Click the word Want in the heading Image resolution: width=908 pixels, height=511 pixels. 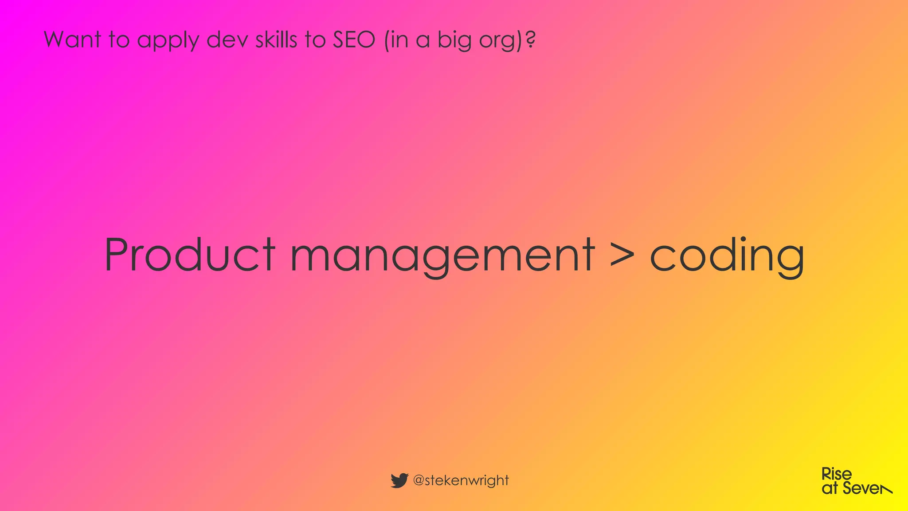(72, 39)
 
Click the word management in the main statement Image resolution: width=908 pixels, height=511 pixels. (442, 256)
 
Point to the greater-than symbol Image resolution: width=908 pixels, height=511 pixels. (622, 256)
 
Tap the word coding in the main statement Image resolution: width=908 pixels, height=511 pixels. (727, 256)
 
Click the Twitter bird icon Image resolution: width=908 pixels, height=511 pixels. (399, 480)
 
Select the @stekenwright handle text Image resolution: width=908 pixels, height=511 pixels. (461, 480)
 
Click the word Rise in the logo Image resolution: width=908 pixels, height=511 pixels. (836, 474)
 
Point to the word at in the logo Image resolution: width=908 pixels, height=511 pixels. (830, 488)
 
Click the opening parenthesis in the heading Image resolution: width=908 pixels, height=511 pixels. (387, 40)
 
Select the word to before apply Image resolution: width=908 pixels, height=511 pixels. (119, 39)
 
